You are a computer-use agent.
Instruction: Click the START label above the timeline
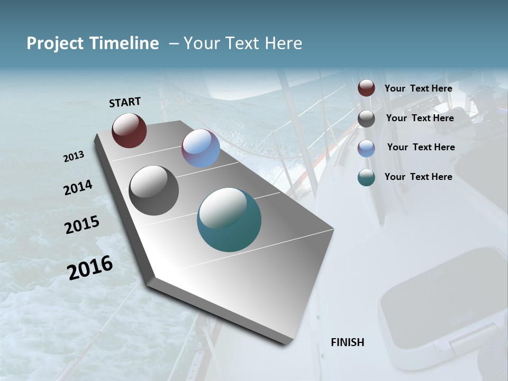125,102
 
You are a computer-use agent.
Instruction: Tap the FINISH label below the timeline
348,342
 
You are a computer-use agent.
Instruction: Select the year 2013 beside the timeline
74,157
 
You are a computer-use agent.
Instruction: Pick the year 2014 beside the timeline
78,187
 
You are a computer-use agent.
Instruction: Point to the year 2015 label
82,225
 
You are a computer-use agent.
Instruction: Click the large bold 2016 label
90,267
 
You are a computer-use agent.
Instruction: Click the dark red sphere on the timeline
129,130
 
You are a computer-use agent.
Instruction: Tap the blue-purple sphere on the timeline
201,148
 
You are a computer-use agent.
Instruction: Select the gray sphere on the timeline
154,190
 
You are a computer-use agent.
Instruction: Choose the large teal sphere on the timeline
229,220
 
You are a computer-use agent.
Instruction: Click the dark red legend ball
366,88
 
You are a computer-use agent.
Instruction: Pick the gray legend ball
366,119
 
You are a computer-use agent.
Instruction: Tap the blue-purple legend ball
366,148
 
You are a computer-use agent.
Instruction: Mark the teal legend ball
366,177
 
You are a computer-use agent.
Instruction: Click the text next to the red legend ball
418,88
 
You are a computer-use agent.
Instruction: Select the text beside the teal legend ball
418,177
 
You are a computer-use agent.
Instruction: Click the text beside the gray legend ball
420,118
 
